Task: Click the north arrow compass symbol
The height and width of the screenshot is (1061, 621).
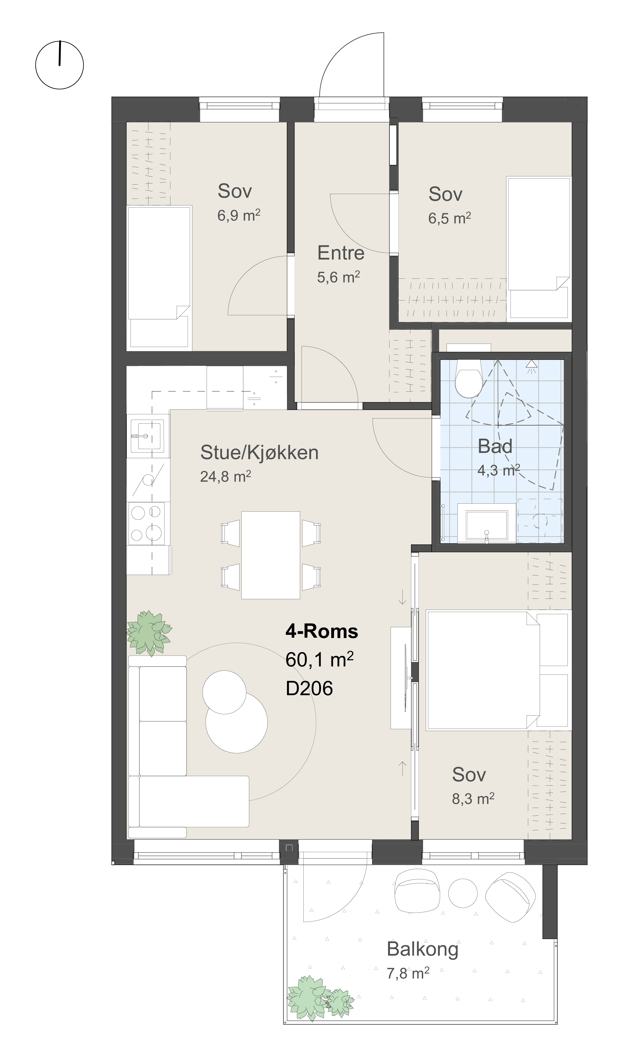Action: pyautogui.click(x=59, y=65)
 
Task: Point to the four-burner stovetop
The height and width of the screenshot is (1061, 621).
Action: pyautogui.click(x=146, y=523)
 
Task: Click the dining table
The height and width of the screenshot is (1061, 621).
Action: pyautogui.click(x=271, y=555)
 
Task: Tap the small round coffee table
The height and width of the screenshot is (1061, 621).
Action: pyautogui.click(x=224, y=692)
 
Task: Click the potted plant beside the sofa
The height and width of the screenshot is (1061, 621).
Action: pyautogui.click(x=149, y=633)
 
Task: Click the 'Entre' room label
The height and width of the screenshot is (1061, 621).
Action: pyautogui.click(x=341, y=253)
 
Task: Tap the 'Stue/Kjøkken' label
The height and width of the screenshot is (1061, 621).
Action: pyautogui.click(x=259, y=453)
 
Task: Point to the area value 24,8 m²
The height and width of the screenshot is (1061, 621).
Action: pyautogui.click(x=225, y=476)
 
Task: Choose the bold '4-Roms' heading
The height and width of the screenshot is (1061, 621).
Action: pyautogui.click(x=322, y=631)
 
